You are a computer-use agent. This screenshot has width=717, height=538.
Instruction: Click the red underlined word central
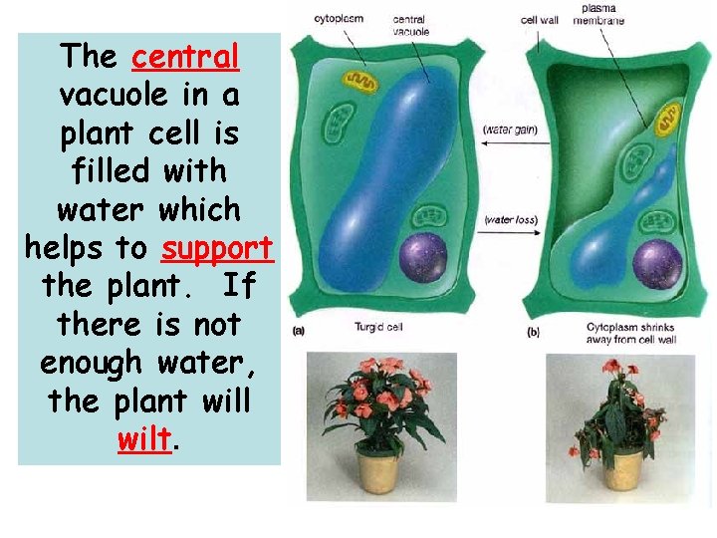(185, 57)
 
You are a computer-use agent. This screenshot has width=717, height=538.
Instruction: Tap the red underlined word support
(216, 248)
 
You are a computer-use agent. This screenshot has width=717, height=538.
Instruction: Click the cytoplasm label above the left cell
(339, 18)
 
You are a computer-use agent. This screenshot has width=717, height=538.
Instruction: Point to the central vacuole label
(411, 25)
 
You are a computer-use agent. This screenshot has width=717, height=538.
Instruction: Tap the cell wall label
(539, 18)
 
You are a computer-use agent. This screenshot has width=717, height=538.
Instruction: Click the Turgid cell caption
(379, 327)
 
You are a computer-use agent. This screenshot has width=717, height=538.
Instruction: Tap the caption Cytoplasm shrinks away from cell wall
(630, 333)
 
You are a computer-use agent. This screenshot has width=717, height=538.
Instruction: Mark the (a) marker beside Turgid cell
(299, 329)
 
